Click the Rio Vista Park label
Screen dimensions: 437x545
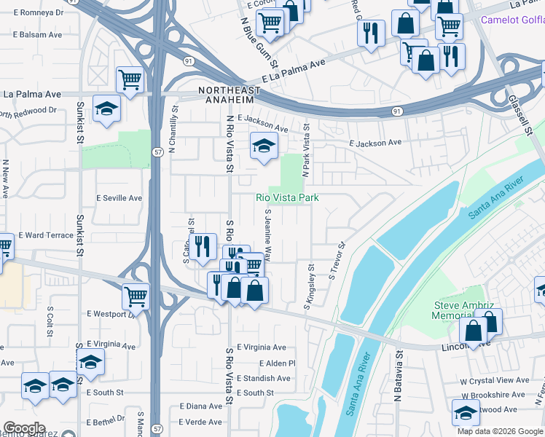coord(287,197)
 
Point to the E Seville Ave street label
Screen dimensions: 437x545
coord(119,198)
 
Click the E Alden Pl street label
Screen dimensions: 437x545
coord(277,363)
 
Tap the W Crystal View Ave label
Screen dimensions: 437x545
coord(494,380)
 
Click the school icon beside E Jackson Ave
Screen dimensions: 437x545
coord(264,146)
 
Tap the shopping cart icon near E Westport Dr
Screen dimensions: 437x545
coord(136,296)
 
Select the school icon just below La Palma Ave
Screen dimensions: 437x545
coord(107,109)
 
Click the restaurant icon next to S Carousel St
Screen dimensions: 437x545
coord(202,246)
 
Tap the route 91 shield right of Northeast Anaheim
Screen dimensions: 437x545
coord(396,111)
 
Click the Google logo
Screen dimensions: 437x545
coord(24,428)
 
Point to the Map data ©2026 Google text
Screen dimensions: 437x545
coord(499,431)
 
